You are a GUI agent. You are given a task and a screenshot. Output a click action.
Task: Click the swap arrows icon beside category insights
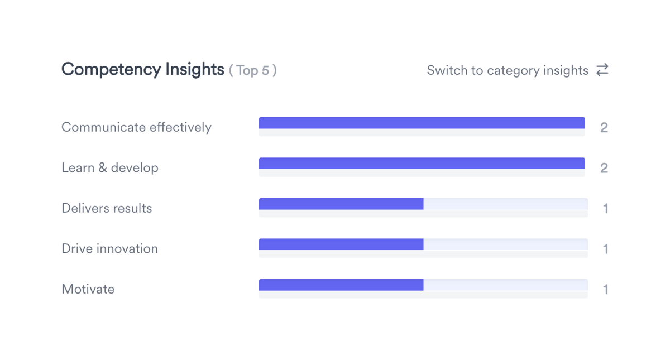pyautogui.click(x=602, y=70)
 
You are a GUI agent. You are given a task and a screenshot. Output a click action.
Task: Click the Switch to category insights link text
pyautogui.click(x=508, y=70)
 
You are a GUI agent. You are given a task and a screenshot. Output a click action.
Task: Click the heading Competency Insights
pyautogui.click(x=143, y=69)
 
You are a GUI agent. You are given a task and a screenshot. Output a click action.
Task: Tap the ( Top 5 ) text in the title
pyautogui.click(x=253, y=70)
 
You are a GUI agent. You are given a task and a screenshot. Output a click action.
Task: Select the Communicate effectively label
pyautogui.click(x=136, y=127)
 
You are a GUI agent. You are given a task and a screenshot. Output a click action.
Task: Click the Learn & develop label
pyautogui.click(x=110, y=168)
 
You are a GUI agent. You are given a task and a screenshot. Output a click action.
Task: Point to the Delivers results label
pyautogui.click(x=107, y=208)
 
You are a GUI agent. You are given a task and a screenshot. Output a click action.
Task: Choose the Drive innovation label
pyautogui.click(x=109, y=249)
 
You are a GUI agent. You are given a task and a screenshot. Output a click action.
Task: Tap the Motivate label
pyautogui.click(x=88, y=289)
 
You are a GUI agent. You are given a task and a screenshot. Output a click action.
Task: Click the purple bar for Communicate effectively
pyautogui.click(x=422, y=123)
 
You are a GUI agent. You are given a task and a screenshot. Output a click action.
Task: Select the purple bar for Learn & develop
pyautogui.click(x=422, y=164)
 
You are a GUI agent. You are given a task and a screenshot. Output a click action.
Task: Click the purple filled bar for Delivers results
pyautogui.click(x=341, y=204)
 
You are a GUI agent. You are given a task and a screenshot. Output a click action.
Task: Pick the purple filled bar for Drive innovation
pyautogui.click(x=341, y=244)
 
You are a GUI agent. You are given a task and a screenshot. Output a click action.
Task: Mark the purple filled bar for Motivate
pyautogui.click(x=341, y=285)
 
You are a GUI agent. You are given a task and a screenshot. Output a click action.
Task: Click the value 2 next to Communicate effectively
pyautogui.click(x=604, y=128)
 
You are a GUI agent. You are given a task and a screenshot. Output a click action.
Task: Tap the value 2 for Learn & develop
pyautogui.click(x=604, y=169)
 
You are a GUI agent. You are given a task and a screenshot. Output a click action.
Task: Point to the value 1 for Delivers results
pyautogui.click(x=605, y=209)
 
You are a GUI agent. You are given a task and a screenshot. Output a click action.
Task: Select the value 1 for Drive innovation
pyautogui.click(x=605, y=249)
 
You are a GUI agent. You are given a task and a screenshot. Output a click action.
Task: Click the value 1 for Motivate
pyautogui.click(x=605, y=290)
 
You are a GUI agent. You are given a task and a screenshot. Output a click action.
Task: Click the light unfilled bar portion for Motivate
pyautogui.click(x=505, y=285)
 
